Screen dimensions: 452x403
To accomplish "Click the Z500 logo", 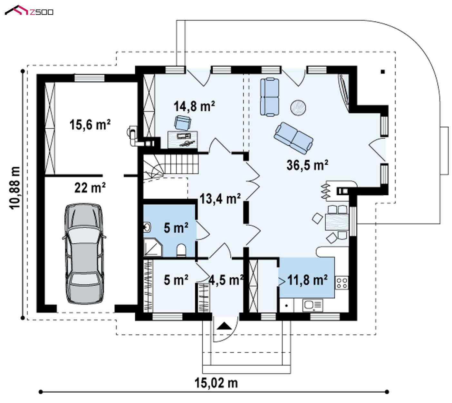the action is [29, 11].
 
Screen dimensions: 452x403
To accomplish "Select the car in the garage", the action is [84, 253].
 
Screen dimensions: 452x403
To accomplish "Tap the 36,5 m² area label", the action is [307, 165].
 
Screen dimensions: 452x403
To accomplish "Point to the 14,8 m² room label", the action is [194, 106].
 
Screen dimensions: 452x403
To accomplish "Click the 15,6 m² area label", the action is [90, 124].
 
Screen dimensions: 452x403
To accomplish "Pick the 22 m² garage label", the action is [90, 188].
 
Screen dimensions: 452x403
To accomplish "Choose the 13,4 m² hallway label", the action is [220, 199].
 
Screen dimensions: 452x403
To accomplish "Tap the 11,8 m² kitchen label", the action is [307, 280].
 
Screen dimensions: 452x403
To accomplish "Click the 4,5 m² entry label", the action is [226, 280].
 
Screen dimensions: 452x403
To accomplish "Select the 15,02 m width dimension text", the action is [216, 383].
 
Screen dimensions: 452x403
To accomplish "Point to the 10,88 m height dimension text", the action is [15, 188].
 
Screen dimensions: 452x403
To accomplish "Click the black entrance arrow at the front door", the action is [225, 326].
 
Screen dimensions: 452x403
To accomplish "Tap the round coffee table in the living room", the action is [298, 108].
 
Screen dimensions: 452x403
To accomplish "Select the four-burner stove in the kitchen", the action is [341, 283].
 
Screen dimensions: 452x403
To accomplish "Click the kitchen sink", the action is [313, 305].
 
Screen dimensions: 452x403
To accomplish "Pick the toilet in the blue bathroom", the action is [181, 250].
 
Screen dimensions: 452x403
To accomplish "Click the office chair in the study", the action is [182, 123].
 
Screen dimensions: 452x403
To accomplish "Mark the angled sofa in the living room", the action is [293, 138].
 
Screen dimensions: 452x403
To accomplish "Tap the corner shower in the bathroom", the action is [153, 247].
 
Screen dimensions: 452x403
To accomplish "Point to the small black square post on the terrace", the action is [383, 72].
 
